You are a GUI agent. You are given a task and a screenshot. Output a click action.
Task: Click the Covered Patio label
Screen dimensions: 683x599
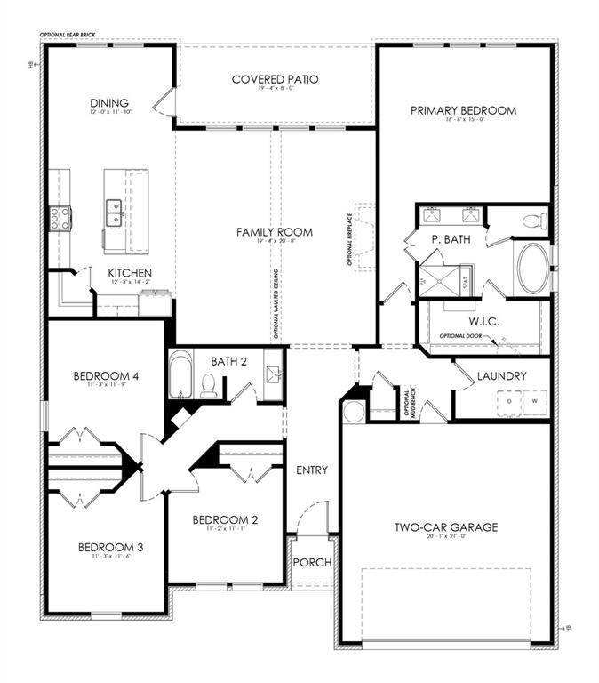click(x=275, y=79)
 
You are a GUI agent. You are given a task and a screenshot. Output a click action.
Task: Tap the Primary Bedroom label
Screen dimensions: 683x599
click(x=463, y=111)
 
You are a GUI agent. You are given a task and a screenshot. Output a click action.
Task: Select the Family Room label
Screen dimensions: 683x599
click(x=263, y=232)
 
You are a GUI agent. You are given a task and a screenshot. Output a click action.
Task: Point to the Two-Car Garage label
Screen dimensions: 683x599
click(x=446, y=527)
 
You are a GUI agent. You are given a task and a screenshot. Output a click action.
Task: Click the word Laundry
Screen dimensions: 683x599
click(x=501, y=376)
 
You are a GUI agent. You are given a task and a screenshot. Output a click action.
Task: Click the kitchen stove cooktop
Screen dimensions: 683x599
click(x=60, y=218)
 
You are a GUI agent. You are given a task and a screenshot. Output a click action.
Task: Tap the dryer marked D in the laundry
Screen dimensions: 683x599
click(x=509, y=401)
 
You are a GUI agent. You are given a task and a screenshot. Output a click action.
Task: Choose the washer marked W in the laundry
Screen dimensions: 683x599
click(x=535, y=401)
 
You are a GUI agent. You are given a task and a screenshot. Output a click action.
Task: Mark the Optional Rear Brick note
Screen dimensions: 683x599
click(x=67, y=35)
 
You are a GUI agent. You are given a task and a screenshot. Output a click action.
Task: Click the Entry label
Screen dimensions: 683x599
click(x=313, y=470)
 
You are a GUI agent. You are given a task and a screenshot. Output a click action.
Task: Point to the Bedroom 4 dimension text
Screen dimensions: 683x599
click(x=106, y=385)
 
